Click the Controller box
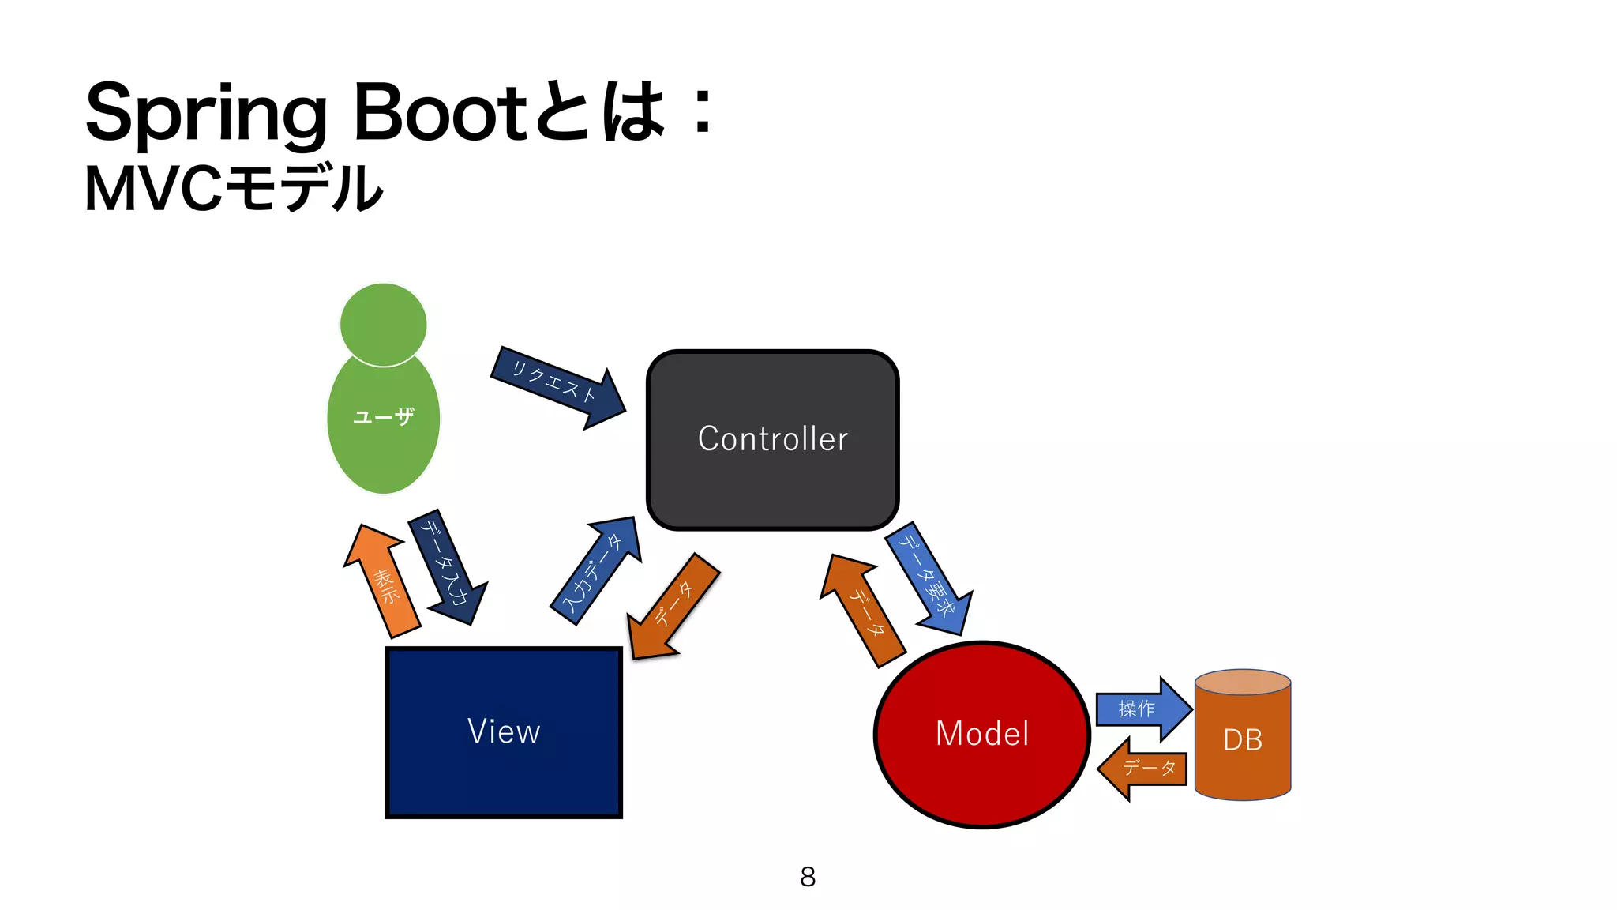point(772,439)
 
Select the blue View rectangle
point(504,731)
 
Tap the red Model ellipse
point(981,734)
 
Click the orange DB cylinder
point(1242,739)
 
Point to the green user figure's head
point(384,324)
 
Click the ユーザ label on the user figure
point(384,416)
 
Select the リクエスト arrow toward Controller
point(556,386)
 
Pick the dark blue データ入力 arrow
point(447,567)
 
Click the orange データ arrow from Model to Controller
point(863,611)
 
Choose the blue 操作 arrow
point(1141,709)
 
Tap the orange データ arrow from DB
point(1145,768)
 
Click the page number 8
point(808,876)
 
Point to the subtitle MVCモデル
point(234,189)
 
